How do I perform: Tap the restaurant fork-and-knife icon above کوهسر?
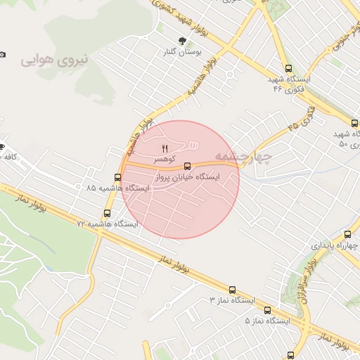pyautogui.click(x=165, y=148)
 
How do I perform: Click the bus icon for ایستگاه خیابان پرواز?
pyautogui.click(x=187, y=167)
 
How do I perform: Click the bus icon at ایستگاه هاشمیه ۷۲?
pyautogui.click(x=108, y=213)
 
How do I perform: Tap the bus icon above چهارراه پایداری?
pyautogui.click(x=347, y=235)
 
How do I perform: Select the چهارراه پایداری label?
pyautogui.click(x=334, y=246)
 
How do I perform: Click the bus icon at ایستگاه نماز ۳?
pyautogui.click(x=232, y=290)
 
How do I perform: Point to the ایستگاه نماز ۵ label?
pyautogui.click(x=267, y=321)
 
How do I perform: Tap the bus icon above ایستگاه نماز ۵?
pyautogui.click(x=267, y=310)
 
